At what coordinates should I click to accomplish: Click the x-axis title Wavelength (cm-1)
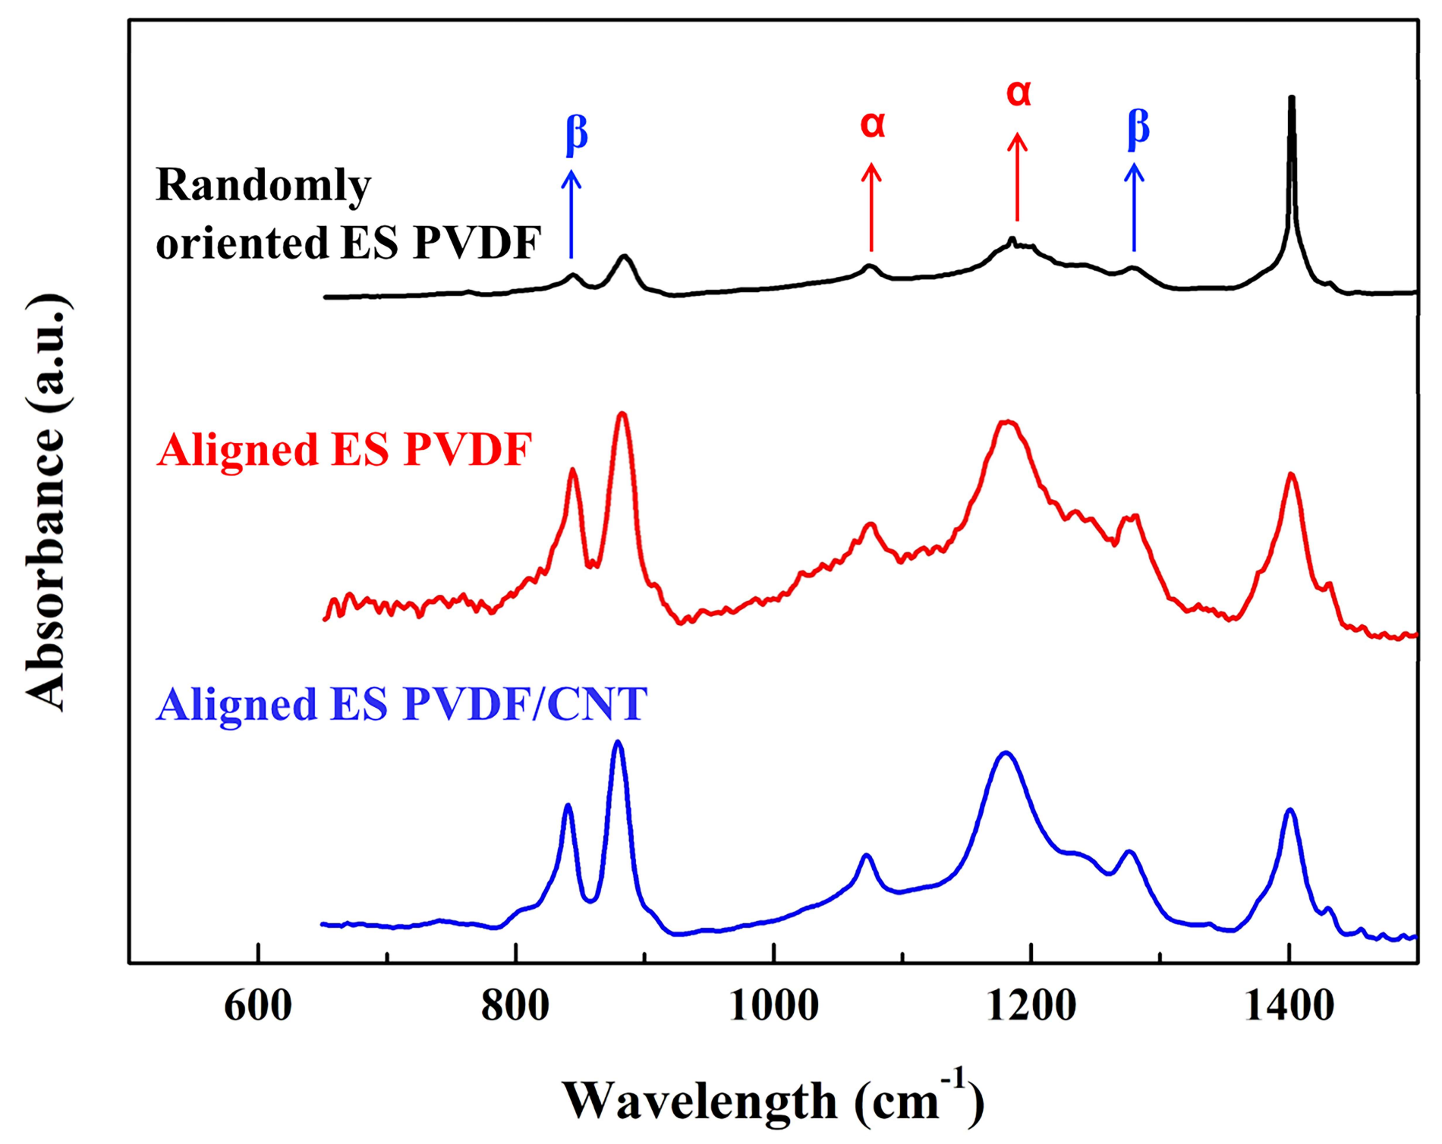click(x=773, y=1098)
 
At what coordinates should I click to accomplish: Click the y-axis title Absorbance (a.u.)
click(x=47, y=502)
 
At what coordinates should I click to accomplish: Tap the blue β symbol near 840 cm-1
click(x=576, y=134)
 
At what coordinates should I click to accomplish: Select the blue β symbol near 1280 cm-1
click(x=1138, y=127)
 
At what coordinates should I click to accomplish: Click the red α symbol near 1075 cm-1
click(x=873, y=124)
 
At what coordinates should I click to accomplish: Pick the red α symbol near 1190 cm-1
click(x=1019, y=93)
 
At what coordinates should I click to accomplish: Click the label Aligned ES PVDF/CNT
click(x=401, y=706)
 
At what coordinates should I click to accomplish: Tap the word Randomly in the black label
click(x=263, y=185)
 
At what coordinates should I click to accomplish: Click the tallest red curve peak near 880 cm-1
click(x=622, y=414)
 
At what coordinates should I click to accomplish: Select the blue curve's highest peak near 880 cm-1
click(x=618, y=743)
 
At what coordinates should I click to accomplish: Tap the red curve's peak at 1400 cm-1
click(x=1290, y=475)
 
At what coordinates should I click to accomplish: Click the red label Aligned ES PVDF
click(x=344, y=451)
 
